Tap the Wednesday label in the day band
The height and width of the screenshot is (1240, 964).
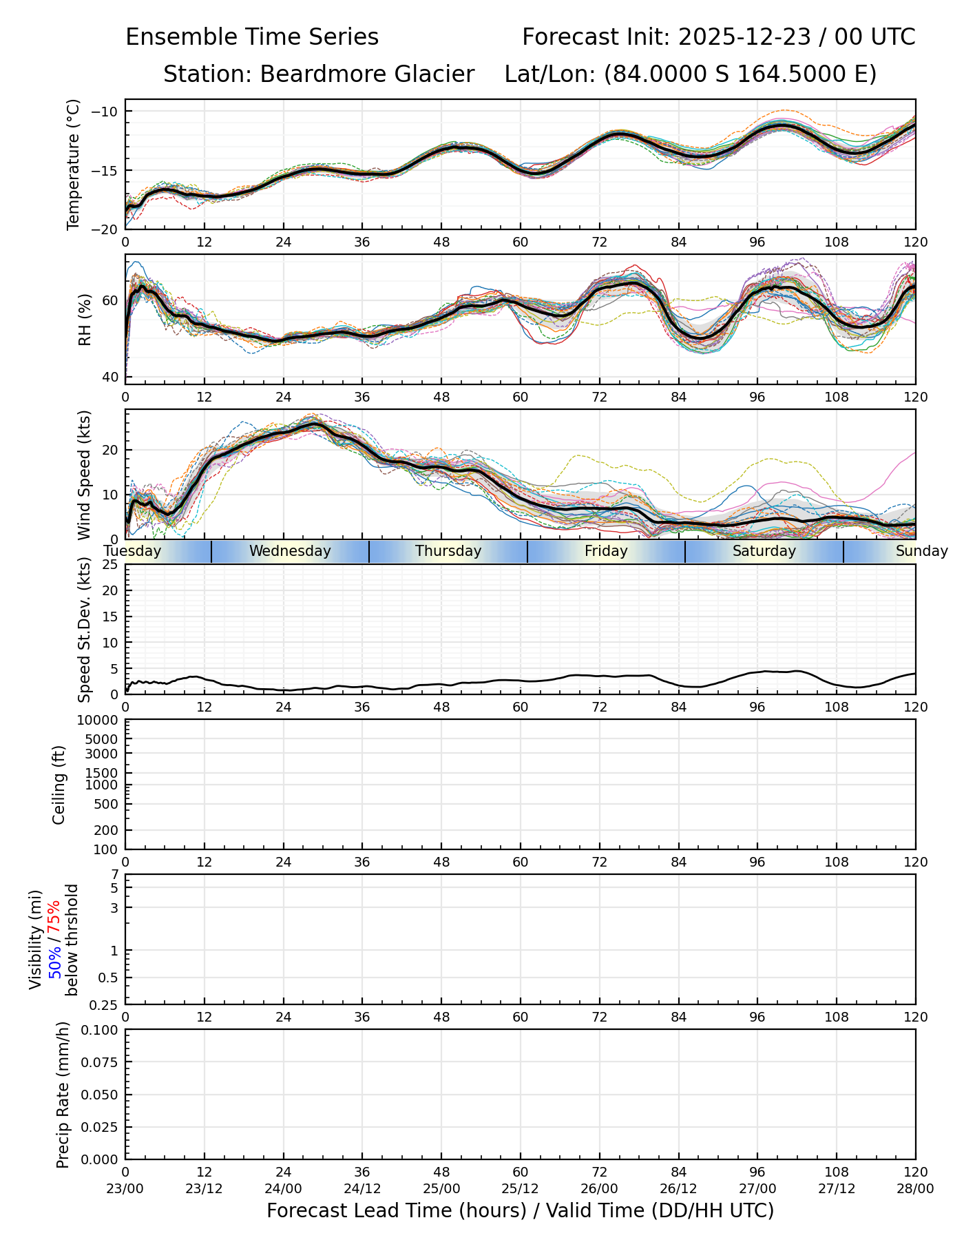click(290, 551)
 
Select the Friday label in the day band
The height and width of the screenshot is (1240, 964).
click(606, 551)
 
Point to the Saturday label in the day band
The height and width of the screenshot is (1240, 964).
click(764, 551)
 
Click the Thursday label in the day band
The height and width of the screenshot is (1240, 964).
click(448, 551)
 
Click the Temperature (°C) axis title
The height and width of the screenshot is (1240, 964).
click(74, 164)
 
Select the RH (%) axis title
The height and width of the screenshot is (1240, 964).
click(85, 320)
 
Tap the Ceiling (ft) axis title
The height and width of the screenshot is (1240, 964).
click(59, 785)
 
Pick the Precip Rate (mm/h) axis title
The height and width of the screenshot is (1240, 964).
click(63, 1095)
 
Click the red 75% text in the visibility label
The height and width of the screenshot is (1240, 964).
click(54, 916)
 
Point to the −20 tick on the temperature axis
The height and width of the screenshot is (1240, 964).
click(108, 229)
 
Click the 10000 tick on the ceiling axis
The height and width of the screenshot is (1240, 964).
click(102, 721)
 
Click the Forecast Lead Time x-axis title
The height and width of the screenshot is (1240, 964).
click(520, 1211)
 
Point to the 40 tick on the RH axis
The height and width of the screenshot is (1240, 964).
click(110, 377)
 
